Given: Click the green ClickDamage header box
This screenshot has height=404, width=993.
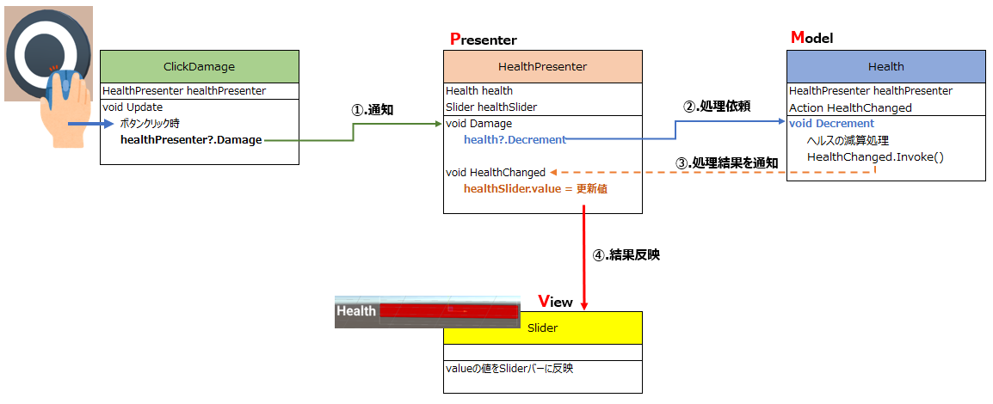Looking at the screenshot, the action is pyautogui.click(x=200, y=66).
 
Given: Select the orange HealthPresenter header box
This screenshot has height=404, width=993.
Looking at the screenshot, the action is pyautogui.click(x=543, y=66).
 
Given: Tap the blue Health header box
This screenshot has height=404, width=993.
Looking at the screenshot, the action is pyautogui.click(x=886, y=66).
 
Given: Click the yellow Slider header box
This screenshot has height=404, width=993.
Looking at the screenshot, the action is pyautogui.click(x=543, y=327).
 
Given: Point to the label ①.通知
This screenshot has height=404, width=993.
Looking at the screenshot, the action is pyautogui.click(x=373, y=110).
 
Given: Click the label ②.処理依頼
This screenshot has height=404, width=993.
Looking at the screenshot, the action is pyautogui.click(x=717, y=107).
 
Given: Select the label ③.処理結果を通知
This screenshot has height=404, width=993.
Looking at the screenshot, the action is pyautogui.click(x=726, y=162).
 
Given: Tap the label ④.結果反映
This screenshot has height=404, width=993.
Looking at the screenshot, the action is pyautogui.click(x=626, y=256).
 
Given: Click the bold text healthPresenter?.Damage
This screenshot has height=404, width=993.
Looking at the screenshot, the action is pyautogui.click(x=191, y=140).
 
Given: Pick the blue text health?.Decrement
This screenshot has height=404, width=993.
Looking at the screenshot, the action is pyautogui.click(x=515, y=140).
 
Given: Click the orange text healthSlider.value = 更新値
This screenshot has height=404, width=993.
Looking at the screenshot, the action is pyautogui.click(x=536, y=188).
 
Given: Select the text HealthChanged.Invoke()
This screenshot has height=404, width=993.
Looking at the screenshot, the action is pyautogui.click(x=875, y=156).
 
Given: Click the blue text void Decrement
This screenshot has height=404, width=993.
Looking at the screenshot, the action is pyautogui.click(x=831, y=123).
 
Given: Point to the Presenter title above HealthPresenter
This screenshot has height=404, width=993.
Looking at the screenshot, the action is pyautogui.click(x=484, y=40).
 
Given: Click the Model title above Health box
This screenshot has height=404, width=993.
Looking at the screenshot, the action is pyautogui.click(x=812, y=38).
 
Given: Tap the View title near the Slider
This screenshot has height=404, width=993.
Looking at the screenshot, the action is pyautogui.click(x=555, y=302).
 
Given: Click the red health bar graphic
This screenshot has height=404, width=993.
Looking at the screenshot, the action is pyautogui.click(x=448, y=310).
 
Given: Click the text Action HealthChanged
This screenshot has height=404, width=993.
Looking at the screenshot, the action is pyautogui.click(x=850, y=107).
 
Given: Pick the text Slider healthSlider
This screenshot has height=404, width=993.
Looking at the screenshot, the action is pyautogui.click(x=491, y=107).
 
